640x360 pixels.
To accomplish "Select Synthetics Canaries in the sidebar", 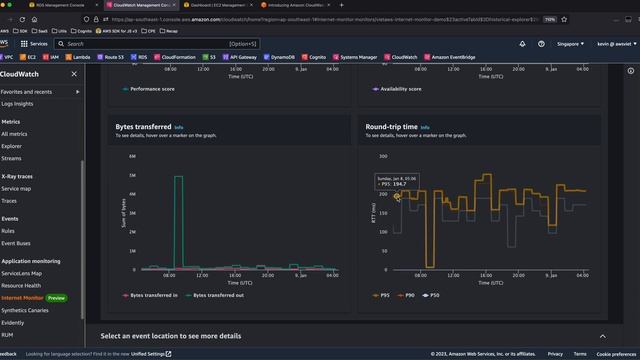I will pos(29,310).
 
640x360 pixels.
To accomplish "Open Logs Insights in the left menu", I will pos(17,104).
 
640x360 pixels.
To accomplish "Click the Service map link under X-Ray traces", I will pos(16,188).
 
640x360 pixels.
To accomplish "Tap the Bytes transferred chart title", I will pos(144,128).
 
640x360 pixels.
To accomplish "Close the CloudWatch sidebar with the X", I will pos(73,73).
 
